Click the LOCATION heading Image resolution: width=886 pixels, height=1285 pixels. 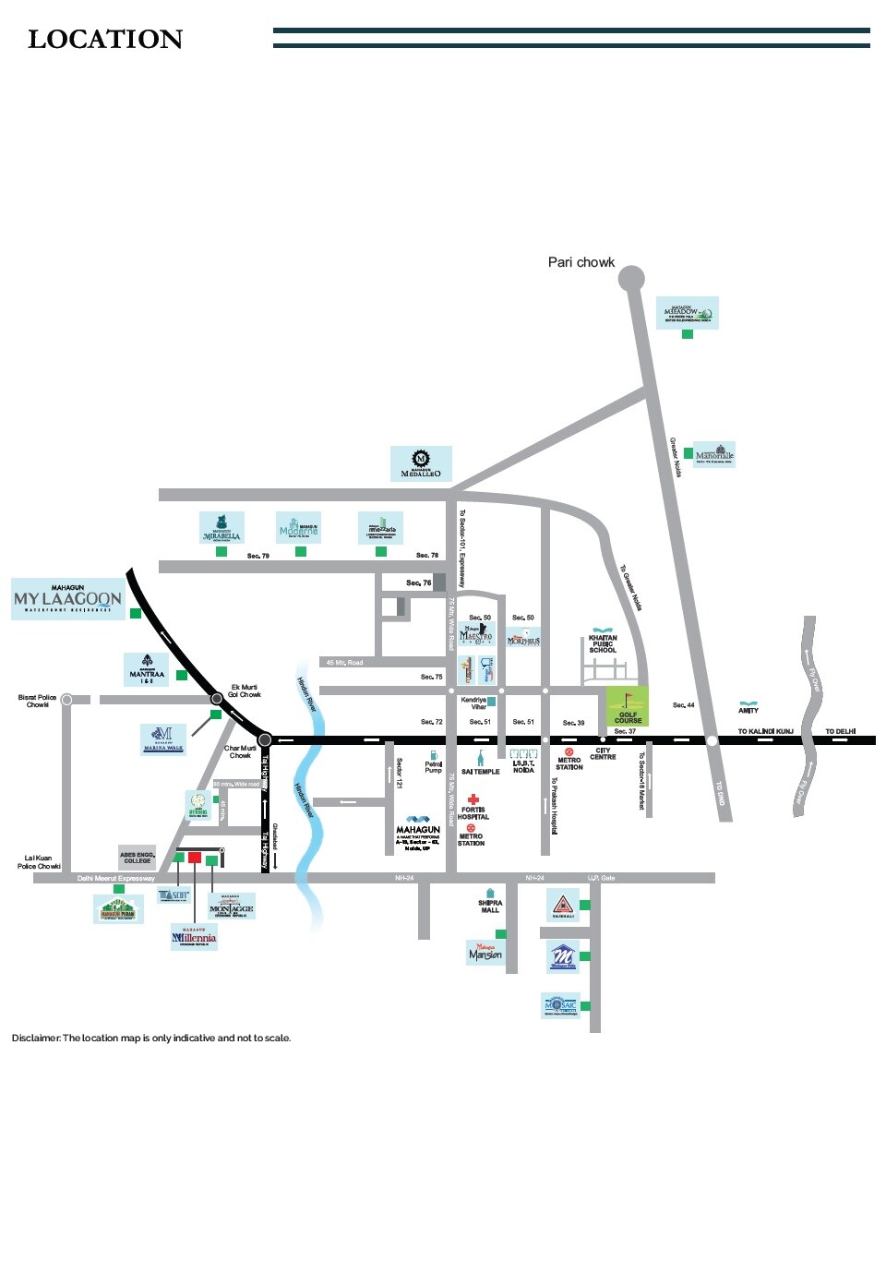point(105,40)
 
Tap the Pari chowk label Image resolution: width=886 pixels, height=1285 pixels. point(581,262)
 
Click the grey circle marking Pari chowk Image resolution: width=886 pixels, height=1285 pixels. point(631,277)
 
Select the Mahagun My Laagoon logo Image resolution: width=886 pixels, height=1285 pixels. point(67,599)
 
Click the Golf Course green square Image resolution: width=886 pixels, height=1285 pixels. point(628,706)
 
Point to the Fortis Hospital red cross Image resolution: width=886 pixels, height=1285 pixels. point(473,799)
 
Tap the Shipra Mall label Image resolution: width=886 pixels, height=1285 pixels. point(490,907)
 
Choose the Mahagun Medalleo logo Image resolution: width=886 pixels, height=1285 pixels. point(421,463)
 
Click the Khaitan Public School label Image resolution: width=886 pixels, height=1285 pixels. point(603,643)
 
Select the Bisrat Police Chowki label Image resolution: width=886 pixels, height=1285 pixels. point(38,701)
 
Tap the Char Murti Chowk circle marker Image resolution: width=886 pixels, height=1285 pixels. point(265,739)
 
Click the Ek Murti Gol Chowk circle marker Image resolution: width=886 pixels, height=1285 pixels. point(217,699)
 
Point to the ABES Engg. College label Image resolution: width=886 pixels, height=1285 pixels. point(137,858)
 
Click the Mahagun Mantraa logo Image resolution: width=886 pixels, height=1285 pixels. point(147,670)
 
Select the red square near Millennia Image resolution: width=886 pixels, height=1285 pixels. point(195,858)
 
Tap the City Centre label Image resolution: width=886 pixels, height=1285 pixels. point(603,754)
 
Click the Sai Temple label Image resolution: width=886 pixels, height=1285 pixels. point(481,772)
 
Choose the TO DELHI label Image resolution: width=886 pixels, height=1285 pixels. point(840,731)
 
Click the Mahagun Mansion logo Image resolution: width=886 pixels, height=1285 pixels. point(485,953)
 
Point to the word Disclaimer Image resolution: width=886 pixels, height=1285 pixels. point(36,1038)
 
